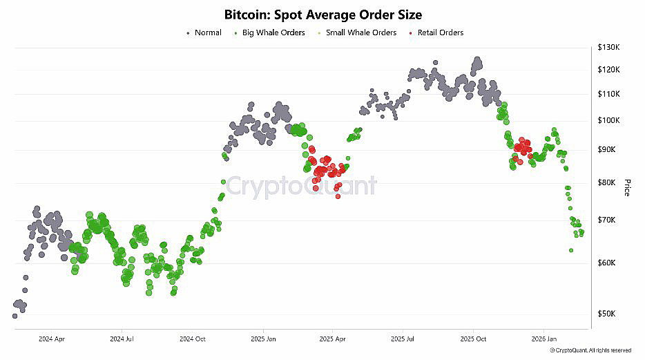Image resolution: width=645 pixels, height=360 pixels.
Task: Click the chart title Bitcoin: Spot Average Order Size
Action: [x=323, y=15]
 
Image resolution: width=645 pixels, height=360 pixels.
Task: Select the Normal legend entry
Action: [x=208, y=32]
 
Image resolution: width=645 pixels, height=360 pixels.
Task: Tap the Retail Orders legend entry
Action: [x=440, y=32]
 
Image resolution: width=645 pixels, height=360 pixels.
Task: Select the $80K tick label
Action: [x=610, y=182]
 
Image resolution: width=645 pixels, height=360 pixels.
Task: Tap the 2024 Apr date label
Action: [x=52, y=339]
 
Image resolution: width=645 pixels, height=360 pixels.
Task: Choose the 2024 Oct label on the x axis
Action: [x=193, y=339]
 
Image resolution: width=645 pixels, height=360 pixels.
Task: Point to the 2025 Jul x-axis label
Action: [x=403, y=339]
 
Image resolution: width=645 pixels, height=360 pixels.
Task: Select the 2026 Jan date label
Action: [x=543, y=339]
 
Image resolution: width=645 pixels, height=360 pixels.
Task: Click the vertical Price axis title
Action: [x=627, y=187]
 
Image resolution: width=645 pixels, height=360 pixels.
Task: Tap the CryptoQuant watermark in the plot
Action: [x=302, y=186]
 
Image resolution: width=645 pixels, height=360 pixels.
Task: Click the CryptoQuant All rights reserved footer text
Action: [x=590, y=350]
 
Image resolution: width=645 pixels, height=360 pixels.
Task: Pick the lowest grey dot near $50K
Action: [x=15, y=316]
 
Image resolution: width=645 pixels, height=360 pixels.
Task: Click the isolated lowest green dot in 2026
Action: [x=571, y=250]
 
